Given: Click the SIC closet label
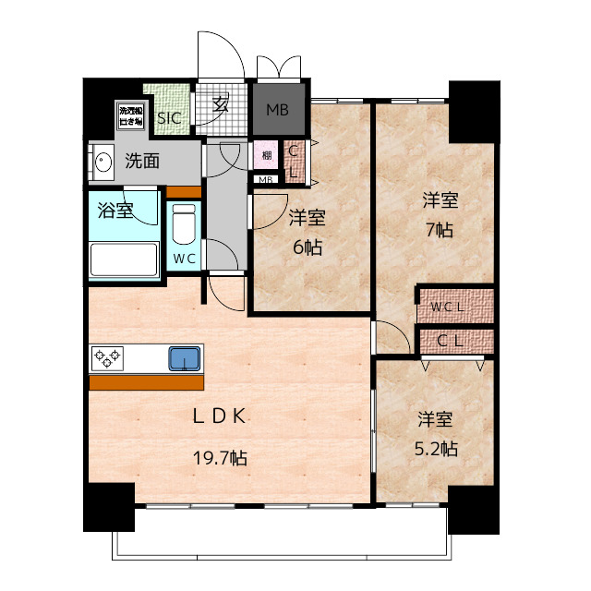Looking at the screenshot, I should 168,117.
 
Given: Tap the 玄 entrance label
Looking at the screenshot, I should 223,104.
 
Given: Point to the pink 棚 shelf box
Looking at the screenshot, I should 266,154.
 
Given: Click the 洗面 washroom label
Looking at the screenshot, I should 142,161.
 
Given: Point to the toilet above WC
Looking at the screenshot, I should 184,223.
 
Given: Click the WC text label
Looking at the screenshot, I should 183,259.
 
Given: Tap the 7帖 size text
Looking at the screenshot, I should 440,230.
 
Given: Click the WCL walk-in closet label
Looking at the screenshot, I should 453,305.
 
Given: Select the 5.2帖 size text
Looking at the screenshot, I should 437,449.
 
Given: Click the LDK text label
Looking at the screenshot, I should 219,416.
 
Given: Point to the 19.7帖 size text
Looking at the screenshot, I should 220,457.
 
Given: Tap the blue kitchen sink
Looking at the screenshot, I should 184,357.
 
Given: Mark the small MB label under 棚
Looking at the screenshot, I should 265,179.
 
